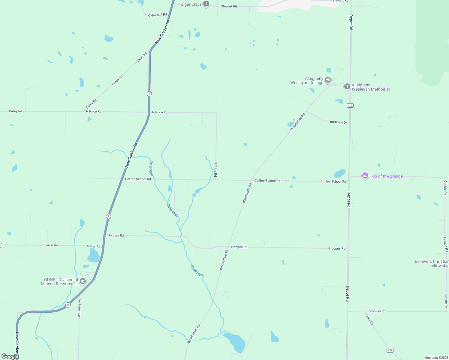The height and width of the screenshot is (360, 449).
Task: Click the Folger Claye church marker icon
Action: [x=206, y=4]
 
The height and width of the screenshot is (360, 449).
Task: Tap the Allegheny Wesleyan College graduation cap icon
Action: [x=328, y=80]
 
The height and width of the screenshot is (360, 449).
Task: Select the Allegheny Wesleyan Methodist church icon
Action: [x=347, y=87]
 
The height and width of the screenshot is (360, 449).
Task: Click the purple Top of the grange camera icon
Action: [x=365, y=176]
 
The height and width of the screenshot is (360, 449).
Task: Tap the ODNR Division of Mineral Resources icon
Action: [x=83, y=281]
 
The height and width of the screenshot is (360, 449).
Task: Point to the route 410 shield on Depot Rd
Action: [x=350, y=105]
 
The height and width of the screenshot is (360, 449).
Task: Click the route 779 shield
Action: [x=390, y=350]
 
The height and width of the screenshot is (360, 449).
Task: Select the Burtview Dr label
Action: [x=338, y=122]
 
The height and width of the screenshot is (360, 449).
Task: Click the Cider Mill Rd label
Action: [x=157, y=15]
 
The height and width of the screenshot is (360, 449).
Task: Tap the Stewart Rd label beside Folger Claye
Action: [x=229, y=6]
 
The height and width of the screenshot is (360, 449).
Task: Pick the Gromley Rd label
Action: [x=377, y=311]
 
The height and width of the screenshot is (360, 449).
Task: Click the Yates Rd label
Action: [x=369, y=319]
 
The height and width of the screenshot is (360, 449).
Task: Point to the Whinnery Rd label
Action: [x=79, y=308]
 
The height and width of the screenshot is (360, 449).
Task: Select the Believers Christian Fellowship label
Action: [x=432, y=263]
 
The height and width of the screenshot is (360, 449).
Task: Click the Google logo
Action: [x=10, y=356]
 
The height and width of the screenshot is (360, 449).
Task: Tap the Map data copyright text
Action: [x=436, y=358]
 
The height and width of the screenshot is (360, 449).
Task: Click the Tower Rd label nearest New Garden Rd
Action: [x=93, y=246]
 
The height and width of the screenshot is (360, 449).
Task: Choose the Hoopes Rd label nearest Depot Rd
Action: [x=337, y=248]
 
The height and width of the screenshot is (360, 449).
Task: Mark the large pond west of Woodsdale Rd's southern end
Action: [x=235, y=342]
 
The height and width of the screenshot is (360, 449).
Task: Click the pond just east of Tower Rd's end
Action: [x=93, y=256]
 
